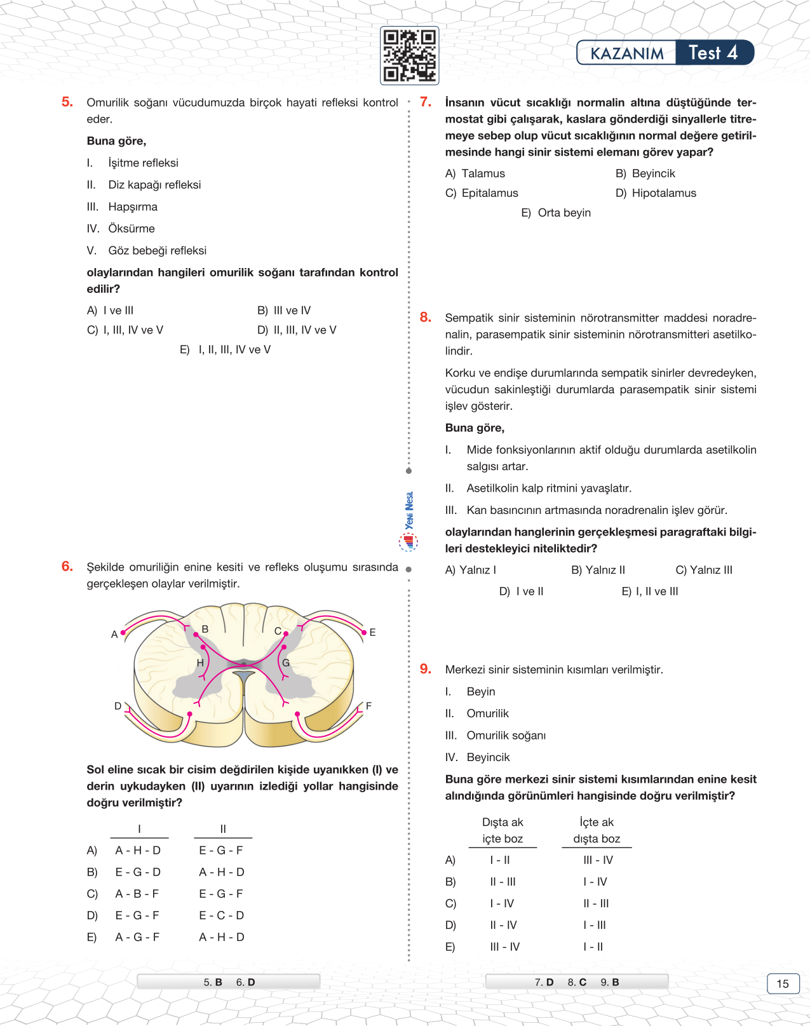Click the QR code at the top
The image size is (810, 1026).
click(x=409, y=55)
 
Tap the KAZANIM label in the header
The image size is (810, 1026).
click(x=626, y=53)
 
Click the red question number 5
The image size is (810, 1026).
click(x=67, y=102)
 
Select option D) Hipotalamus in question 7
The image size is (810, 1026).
click(x=656, y=193)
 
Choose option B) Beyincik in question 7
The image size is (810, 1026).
click(x=645, y=173)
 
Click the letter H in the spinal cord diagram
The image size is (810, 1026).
click(x=200, y=663)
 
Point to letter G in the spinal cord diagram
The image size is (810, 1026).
click(x=286, y=663)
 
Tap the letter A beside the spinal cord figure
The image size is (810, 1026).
click(x=114, y=634)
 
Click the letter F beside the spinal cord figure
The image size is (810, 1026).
click(x=368, y=706)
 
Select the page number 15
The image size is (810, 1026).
click(x=783, y=983)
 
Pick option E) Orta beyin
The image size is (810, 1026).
click(x=556, y=213)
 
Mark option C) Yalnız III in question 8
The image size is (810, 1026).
click(x=704, y=570)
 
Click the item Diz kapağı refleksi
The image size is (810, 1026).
click(x=154, y=185)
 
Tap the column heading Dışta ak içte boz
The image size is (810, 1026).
click(x=503, y=830)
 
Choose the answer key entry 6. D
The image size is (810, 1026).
click(x=245, y=982)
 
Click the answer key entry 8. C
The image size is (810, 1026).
click(x=577, y=982)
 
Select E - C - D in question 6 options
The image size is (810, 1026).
click(x=222, y=915)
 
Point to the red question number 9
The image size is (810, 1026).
click(x=426, y=669)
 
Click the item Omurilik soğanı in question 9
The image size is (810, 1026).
click(x=506, y=736)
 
